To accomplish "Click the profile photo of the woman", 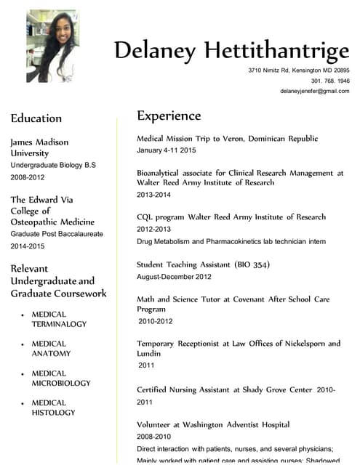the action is point(52,45).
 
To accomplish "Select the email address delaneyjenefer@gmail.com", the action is point(315,91).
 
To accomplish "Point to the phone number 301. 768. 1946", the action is point(330,81).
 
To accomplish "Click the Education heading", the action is point(36,118).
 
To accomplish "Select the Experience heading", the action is point(169,116).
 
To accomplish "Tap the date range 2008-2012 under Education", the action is point(28,177).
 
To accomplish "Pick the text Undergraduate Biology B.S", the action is point(53,166).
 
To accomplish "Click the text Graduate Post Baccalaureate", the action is point(57,234).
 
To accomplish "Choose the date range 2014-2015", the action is point(28,246).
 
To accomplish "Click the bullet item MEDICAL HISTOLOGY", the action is point(53,408).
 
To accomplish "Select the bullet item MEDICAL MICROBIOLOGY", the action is point(60,378).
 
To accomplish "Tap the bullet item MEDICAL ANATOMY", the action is point(51,349).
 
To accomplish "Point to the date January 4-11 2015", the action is point(167,150).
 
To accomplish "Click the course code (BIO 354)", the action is point(252,265).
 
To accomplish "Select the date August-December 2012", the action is point(174,277).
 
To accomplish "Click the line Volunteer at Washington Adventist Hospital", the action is point(213,424).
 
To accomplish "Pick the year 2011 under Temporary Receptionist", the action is point(146,365).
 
